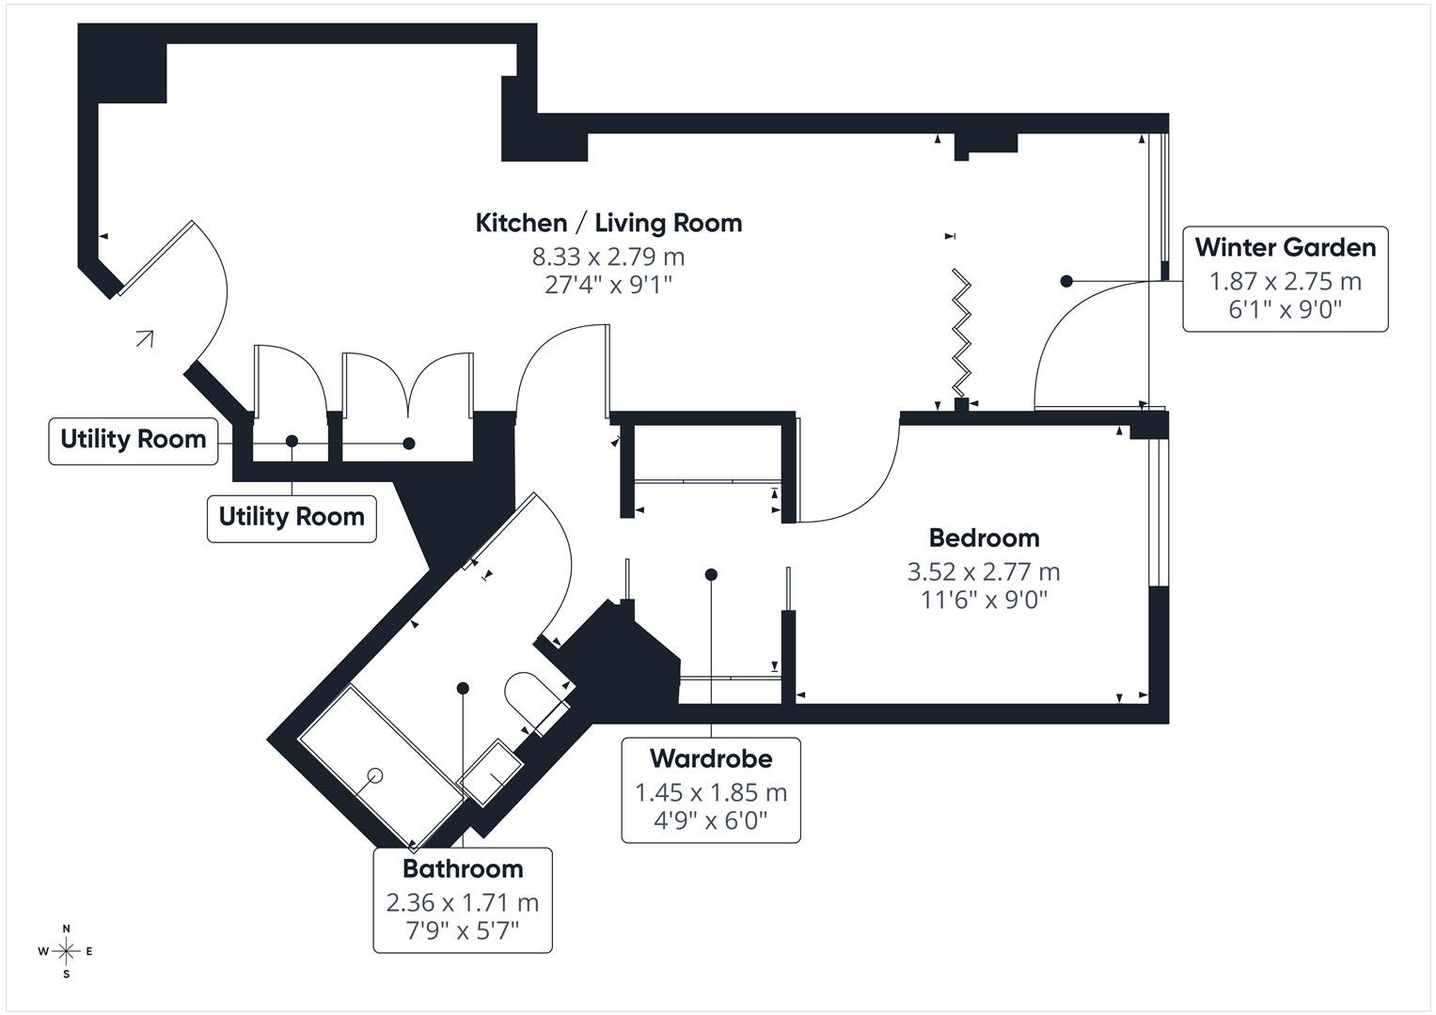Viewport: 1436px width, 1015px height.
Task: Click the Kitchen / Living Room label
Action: click(x=608, y=223)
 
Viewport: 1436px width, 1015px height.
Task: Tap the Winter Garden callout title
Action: click(x=1285, y=247)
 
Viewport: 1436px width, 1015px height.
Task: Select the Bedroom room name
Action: click(x=984, y=538)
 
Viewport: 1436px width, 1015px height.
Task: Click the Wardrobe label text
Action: click(x=711, y=758)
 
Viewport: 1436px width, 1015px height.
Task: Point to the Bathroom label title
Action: click(x=463, y=868)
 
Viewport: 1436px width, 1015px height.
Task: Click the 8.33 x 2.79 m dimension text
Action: click(x=608, y=256)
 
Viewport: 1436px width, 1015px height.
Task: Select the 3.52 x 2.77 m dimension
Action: click(x=984, y=571)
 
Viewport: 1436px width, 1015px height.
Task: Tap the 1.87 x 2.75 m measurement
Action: click(x=1285, y=281)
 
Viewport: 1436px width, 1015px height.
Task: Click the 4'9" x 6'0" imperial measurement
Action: click(x=711, y=820)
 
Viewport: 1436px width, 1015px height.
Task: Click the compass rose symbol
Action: click(x=66, y=951)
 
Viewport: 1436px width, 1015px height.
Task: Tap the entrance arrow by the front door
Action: click(x=144, y=338)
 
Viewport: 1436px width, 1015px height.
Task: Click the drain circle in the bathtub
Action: click(x=375, y=775)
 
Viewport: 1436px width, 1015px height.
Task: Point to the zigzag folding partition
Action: click(x=960, y=333)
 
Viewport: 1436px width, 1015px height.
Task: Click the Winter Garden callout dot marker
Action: click(x=1065, y=281)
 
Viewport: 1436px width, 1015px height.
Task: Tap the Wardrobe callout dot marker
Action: click(x=711, y=574)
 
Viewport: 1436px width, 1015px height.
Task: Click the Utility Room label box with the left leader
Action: click(x=133, y=439)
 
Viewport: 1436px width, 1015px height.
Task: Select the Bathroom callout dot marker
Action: click(x=463, y=688)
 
